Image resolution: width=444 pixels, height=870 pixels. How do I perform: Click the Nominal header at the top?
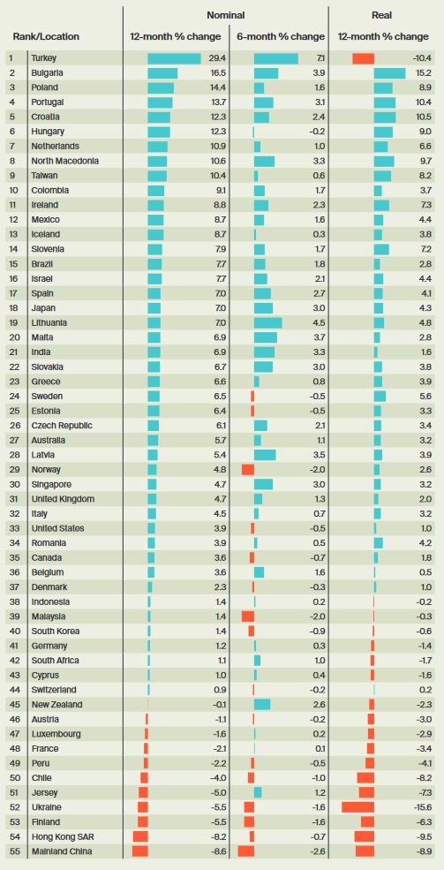tap(225, 16)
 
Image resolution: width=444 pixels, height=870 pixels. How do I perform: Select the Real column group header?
tap(382, 16)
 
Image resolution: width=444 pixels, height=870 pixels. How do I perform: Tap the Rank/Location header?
tap(46, 36)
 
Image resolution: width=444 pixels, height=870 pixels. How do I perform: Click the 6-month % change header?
tap(281, 36)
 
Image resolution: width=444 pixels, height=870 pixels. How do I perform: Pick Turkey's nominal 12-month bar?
tap(174, 58)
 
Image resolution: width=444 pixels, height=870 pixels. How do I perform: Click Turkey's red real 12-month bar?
tap(363, 58)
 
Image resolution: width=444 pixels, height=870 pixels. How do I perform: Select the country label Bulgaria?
tap(47, 72)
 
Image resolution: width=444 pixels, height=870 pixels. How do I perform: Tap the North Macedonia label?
tap(65, 161)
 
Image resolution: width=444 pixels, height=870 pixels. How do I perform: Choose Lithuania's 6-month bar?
tap(267, 323)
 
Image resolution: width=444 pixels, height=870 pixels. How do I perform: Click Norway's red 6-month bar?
tap(248, 470)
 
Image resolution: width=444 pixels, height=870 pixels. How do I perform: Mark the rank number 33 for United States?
tap(12, 528)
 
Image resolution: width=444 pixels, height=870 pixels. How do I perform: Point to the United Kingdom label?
tap(63, 499)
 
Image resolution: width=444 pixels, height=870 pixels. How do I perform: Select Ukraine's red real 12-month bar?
tap(358, 807)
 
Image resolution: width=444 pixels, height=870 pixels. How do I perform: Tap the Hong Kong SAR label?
tap(57, 836)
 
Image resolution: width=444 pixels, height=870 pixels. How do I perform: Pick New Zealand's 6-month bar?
tap(262, 705)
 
